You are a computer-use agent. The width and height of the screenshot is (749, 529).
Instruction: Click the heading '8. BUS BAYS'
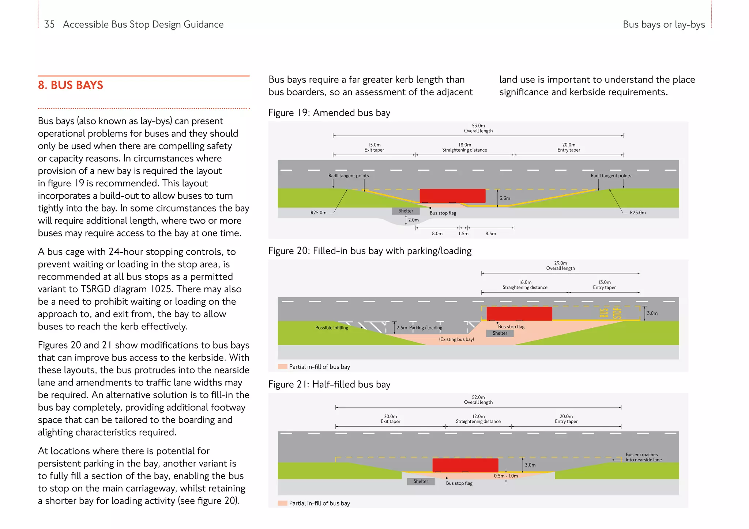(x=71, y=85)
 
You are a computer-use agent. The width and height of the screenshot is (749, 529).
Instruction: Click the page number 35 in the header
(x=49, y=24)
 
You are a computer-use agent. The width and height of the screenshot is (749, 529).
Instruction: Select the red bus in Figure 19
(x=452, y=196)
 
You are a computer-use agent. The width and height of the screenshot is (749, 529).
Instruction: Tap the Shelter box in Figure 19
(x=406, y=211)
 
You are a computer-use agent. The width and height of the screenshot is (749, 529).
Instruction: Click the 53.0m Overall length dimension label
(x=478, y=128)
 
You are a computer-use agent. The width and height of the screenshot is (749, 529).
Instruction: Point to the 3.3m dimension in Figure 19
(x=505, y=198)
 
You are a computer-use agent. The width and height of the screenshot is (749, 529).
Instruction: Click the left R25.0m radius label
(x=318, y=213)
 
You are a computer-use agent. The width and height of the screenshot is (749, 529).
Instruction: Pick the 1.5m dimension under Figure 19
(x=463, y=234)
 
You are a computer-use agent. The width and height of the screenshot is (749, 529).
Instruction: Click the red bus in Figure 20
(x=519, y=314)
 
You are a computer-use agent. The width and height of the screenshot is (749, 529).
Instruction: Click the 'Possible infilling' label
(x=332, y=328)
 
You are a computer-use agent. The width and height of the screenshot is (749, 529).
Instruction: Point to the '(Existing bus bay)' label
(x=456, y=339)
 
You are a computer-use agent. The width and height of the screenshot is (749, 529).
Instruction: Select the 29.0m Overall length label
(x=560, y=266)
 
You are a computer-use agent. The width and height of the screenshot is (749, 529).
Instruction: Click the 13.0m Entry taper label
(x=604, y=285)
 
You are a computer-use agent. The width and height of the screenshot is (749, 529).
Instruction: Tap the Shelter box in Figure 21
(x=421, y=482)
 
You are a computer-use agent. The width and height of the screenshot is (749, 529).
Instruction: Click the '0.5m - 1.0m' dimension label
(x=506, y=476)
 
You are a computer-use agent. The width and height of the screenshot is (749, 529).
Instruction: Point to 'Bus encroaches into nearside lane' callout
(x=643, y=457)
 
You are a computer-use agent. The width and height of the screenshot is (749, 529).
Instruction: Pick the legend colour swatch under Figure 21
(x=282, y=503)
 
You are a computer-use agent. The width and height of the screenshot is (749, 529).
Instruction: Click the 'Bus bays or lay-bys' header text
(x=663, y=24)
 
